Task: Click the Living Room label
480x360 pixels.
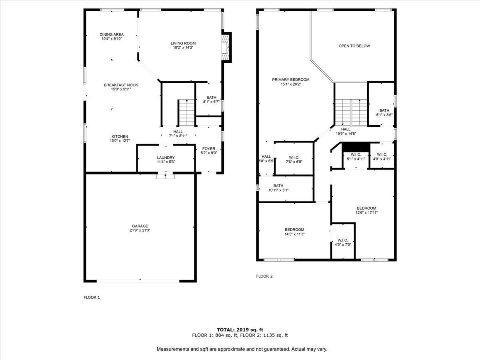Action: (183, 43)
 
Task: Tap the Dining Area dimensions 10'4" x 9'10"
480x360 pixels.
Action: (112, 39)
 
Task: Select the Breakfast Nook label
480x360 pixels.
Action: (121, 85)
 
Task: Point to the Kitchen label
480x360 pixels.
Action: (120, 137)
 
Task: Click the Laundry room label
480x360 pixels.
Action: (166, 158)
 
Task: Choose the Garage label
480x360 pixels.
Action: (140, 226)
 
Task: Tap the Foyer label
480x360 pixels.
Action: (209, 149)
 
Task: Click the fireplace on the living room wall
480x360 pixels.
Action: (226, 48)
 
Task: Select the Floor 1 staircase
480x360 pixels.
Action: (186, 113)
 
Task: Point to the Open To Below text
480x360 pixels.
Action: (354, 46)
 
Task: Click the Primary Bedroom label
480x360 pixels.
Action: (291, 80)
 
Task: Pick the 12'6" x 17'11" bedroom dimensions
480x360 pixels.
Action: (366, 212)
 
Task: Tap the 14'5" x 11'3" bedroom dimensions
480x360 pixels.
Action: (294, 234)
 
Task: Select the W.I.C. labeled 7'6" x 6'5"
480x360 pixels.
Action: (294, 160)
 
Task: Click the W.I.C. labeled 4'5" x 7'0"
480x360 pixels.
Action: (343, 242)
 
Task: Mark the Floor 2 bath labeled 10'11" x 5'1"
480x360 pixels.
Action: (278, 188)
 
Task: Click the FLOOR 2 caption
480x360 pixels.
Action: (264, 276)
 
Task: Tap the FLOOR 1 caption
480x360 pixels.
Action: (92, 297)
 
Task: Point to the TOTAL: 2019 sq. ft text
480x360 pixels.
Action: (240, 330)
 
